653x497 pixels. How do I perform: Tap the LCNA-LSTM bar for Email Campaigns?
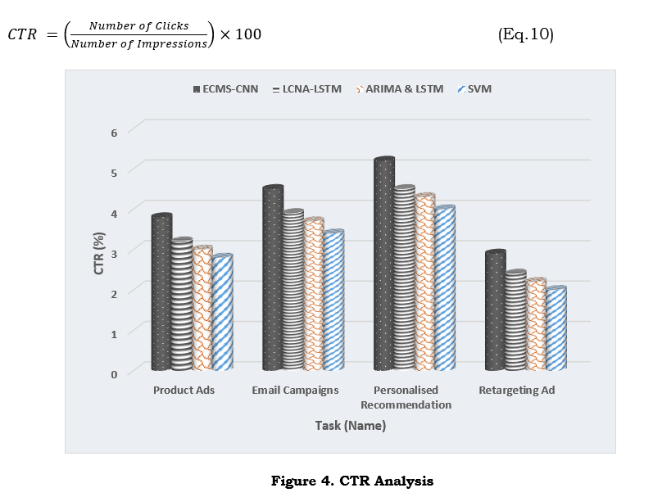click(x=293, y=290)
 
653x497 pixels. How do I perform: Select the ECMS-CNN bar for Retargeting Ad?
click(x=495, y=310)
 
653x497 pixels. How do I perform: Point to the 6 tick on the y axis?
click(x=113, y=132)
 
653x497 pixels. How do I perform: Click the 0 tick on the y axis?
click(x=113, y=373)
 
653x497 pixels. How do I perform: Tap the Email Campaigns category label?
click(x=295, y=391)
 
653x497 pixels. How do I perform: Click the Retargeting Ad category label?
click(x=517, y=391)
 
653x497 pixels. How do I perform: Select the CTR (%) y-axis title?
click(x=99, y=252)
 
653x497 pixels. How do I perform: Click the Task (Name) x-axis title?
click(x=351, y=426)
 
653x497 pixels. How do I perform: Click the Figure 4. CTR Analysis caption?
click(x=351, y=481)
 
